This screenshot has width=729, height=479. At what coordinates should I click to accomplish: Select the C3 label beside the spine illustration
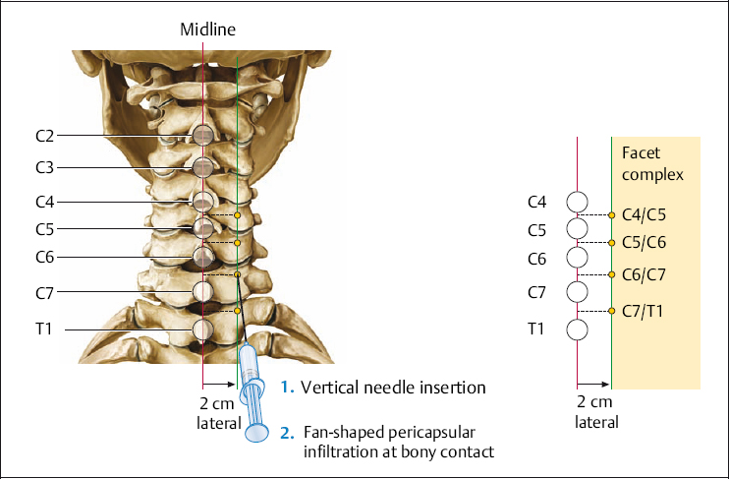click(x=43, y=167)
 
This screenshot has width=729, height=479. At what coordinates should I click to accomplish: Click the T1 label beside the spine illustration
click(x=43, y=329)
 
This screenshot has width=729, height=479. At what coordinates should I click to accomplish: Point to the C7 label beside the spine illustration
click(x=43, y=291)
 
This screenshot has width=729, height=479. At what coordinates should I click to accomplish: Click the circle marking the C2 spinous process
click(x=202, y=135)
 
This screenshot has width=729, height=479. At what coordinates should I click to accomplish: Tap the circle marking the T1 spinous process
click(x=202, y=329)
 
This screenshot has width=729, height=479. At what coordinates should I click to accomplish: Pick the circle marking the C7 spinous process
click(x=202, y=291)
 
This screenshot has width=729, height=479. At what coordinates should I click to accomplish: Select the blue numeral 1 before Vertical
click(x=285, y=388)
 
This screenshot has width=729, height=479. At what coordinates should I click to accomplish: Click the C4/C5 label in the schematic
click(x=644, y=213)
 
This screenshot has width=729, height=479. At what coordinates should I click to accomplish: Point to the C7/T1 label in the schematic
click(x=644, y=311)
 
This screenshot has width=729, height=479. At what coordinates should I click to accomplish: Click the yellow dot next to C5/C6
click(x=611, y=242)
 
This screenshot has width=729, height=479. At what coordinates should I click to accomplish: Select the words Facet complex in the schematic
click(x=652, y=164)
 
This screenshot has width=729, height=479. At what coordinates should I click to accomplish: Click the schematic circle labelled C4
click(x=578, y=203)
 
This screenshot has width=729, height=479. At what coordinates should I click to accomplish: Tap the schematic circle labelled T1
click(x=578, y=329)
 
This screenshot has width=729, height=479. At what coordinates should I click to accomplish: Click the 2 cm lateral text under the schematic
click(x=596, y=412)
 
